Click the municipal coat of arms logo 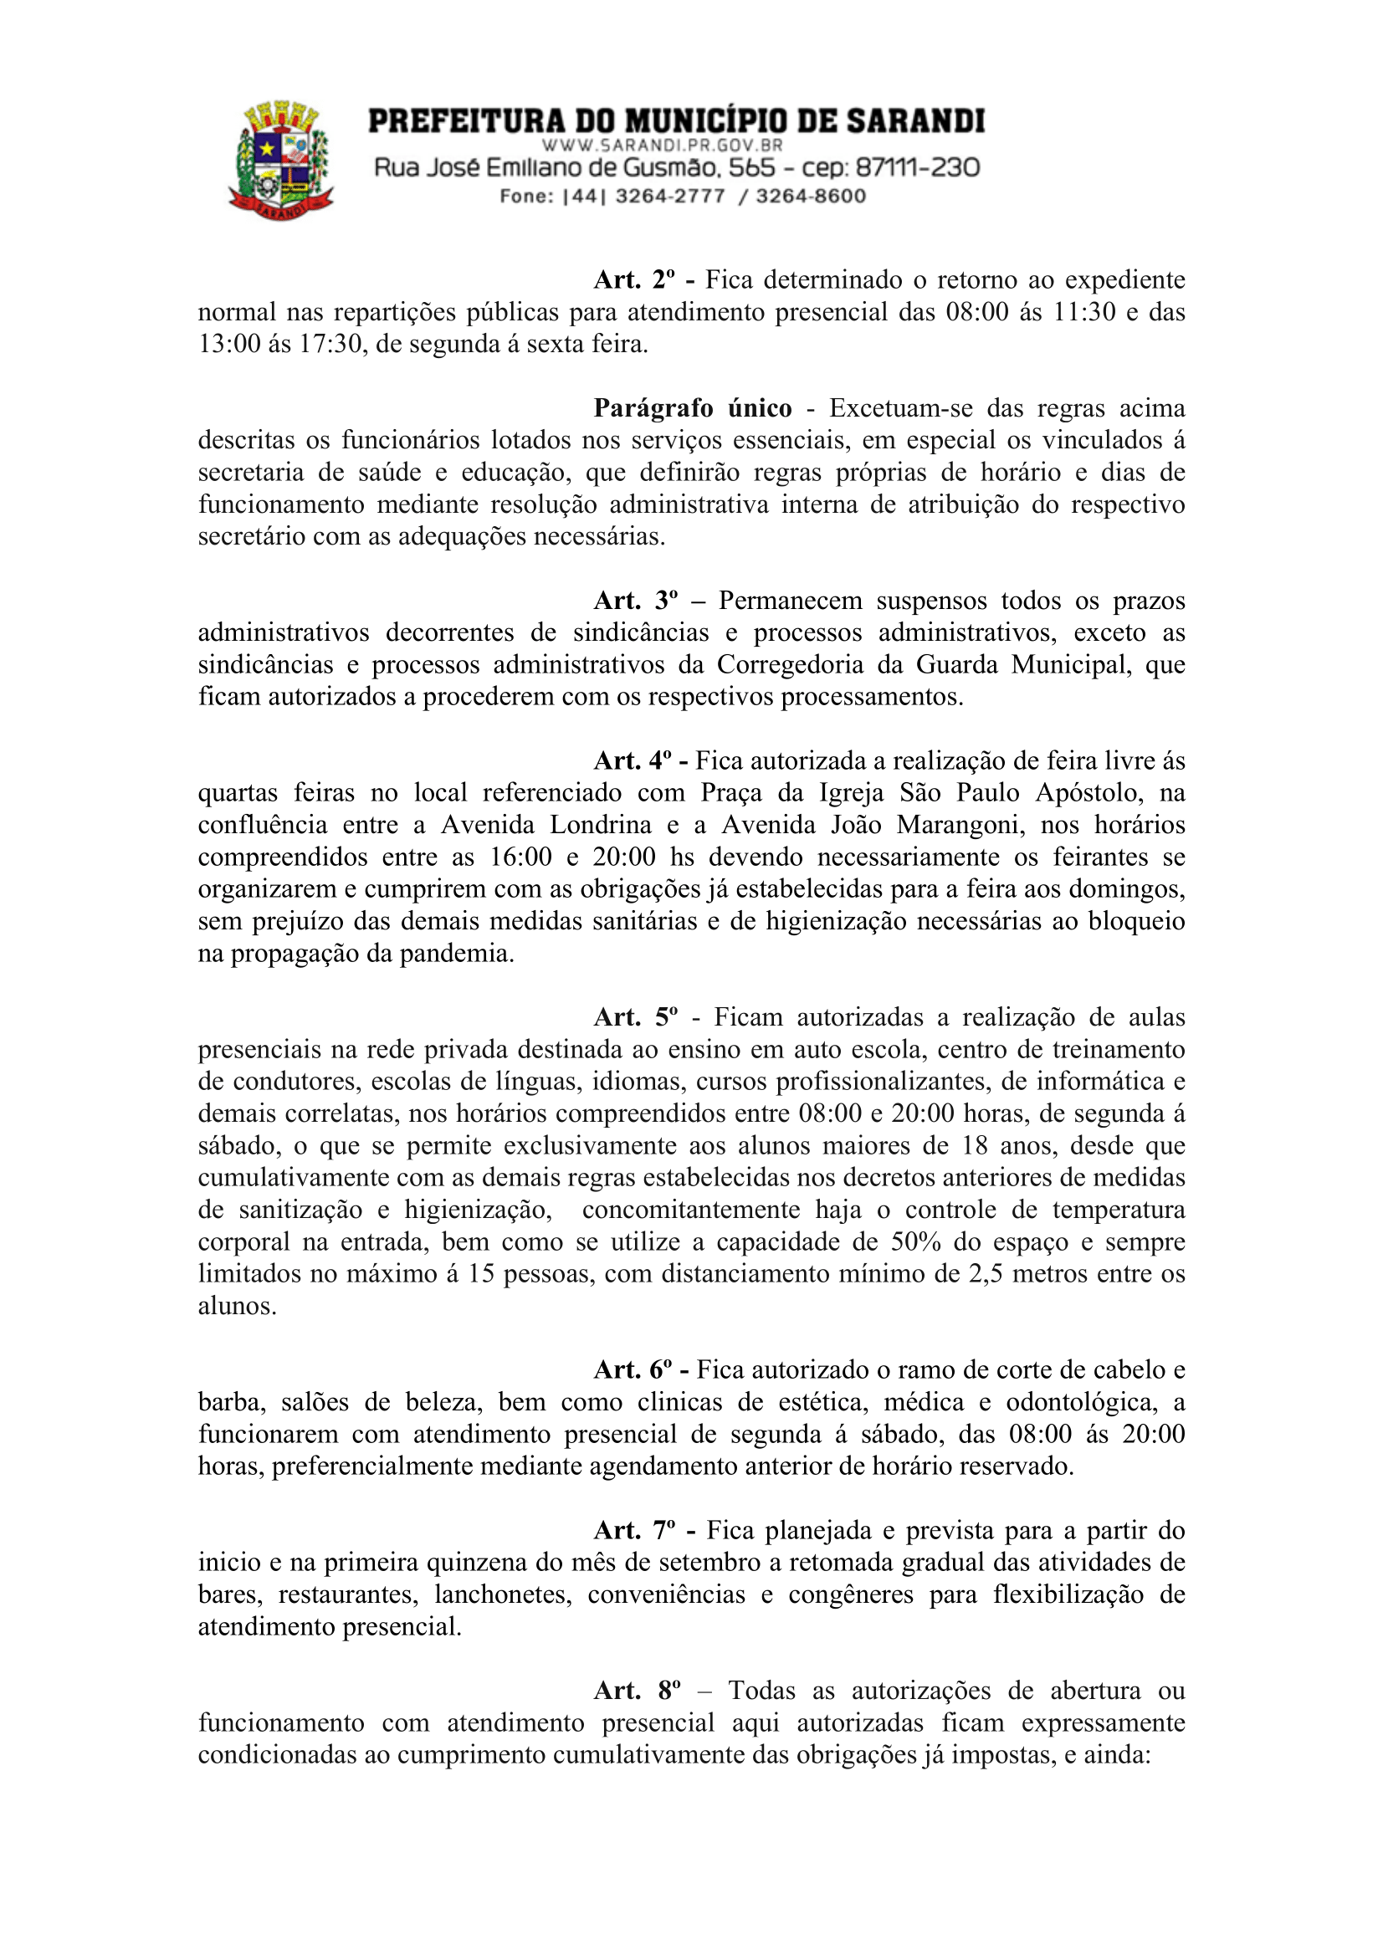point(281,160)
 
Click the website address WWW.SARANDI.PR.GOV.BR point(662,146)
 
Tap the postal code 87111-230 point(917,168)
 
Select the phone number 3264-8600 point(811,197)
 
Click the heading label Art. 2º point(634,280)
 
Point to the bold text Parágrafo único point(693,409)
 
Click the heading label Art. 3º point(635,601)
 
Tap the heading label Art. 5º point(635,1017)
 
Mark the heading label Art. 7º point(634,1531)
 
